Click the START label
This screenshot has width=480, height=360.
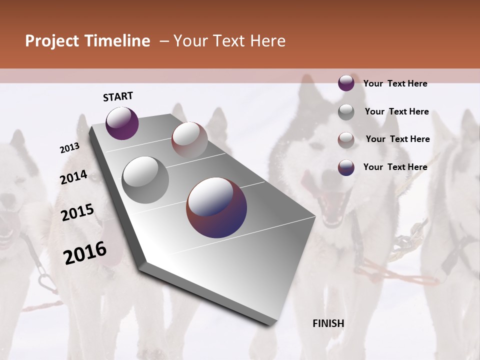click(118, 96)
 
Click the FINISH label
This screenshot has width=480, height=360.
click(328, 323)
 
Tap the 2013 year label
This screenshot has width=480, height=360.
click(69, 148)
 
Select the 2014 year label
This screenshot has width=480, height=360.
click(73, 177)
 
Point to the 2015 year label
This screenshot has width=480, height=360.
click(77, 212)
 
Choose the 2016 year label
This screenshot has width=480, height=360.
click(84, 253)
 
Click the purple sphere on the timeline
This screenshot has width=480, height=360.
click(122, 123)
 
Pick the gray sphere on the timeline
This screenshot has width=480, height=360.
click(145, 180)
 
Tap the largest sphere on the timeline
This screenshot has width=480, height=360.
click(216, 207)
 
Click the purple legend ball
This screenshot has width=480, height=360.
click(346, 83)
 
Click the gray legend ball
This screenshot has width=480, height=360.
click(346, 111)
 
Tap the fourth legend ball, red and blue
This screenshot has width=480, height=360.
click(346, 167)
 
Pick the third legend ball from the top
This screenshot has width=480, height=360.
click(346, 140)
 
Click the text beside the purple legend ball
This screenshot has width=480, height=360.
click(395, 83)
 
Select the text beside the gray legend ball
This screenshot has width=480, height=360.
click(396, 111)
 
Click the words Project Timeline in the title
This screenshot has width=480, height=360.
click(87, 41)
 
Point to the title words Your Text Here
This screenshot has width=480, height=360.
click(229, 41)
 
